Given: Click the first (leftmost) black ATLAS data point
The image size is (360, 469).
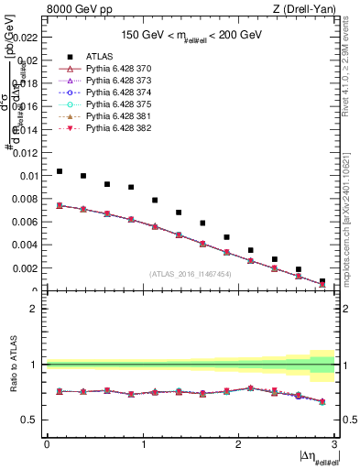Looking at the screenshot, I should (x=60, y=171).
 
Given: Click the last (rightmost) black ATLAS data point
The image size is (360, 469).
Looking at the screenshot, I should (x=322, y=281).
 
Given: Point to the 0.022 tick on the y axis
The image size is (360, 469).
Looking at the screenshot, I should (x=27, y=37).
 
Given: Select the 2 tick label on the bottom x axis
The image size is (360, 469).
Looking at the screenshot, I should (x=238, y=444).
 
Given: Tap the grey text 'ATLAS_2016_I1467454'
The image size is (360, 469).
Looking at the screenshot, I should (x=191, y=274).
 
